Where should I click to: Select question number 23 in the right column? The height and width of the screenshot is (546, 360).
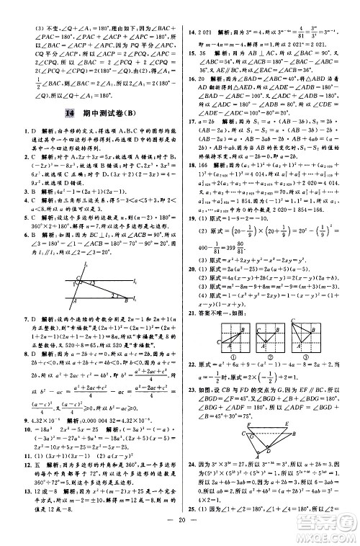click(191, 388)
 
